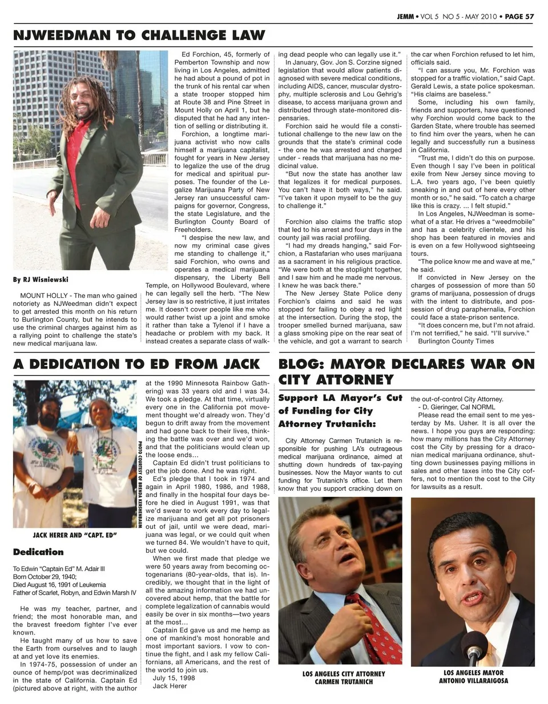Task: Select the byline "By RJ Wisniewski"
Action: (41, 280)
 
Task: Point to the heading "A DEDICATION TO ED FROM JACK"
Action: (136, 364)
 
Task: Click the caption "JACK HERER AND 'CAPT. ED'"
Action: (75, 535)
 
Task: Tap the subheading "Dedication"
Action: (38, 552)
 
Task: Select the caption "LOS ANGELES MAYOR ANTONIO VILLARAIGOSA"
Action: (473, 677)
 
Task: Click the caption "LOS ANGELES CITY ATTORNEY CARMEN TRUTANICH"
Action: (344, 678)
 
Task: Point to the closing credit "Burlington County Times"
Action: (456, 341)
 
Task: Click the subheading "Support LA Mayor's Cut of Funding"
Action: (340, 411)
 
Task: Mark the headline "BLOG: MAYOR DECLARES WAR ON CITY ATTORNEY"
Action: (406, 371)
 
